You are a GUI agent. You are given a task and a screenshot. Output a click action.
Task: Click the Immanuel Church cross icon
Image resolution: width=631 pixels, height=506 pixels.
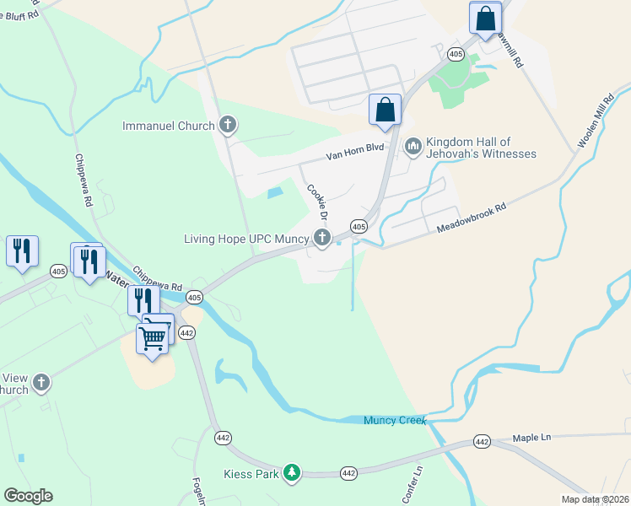226,126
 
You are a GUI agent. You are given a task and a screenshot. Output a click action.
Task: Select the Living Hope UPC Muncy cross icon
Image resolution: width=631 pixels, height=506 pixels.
321,239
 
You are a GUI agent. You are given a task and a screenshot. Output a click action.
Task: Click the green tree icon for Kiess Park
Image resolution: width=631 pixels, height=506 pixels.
291,474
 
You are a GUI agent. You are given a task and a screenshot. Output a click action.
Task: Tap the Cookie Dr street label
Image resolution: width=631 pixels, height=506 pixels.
316,203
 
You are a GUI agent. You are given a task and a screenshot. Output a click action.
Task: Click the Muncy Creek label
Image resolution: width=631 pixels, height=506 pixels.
395,420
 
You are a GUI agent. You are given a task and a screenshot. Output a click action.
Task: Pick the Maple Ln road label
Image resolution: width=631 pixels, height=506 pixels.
531,438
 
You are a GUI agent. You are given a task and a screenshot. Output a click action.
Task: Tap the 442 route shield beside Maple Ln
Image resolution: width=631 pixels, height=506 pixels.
482,441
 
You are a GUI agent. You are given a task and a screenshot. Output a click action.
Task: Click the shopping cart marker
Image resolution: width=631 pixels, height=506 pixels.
153,336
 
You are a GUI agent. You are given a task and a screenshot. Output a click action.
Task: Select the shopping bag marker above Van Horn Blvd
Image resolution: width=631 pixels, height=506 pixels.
385,109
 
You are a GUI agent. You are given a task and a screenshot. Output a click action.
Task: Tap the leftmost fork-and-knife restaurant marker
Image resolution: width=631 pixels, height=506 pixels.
22,250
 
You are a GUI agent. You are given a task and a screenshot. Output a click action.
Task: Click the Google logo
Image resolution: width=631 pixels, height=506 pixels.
28,496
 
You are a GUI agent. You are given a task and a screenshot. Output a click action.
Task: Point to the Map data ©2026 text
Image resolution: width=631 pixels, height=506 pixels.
595,499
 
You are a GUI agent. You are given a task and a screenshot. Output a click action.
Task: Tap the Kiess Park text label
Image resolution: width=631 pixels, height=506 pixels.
251,474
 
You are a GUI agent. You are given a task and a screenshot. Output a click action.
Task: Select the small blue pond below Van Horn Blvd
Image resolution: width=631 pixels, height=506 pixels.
274,193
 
